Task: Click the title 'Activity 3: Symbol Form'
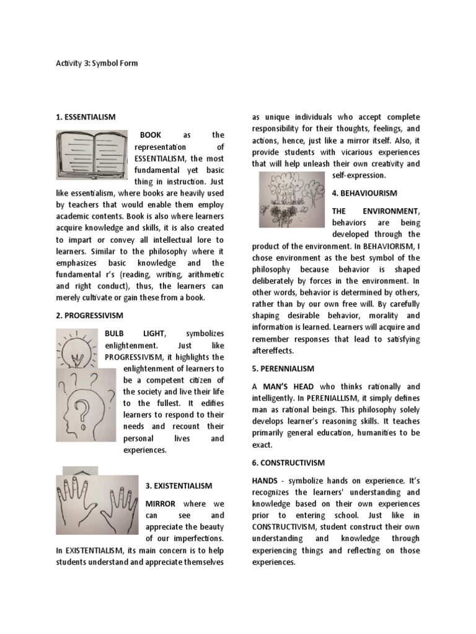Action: coord(97,63)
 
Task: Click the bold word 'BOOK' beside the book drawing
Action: coord(151,134)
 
